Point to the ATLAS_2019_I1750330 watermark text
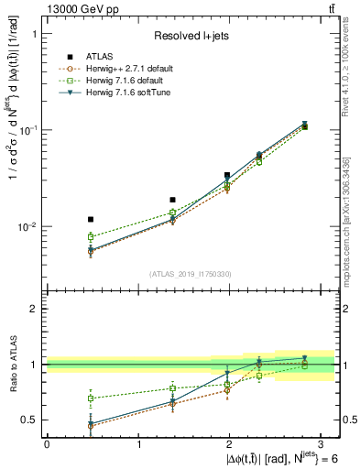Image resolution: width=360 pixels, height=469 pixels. (191, 274)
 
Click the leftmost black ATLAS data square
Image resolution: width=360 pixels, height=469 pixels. (90, 219)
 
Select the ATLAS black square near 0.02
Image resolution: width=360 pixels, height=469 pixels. (172, 199)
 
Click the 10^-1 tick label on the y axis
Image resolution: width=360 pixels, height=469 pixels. (26, 129)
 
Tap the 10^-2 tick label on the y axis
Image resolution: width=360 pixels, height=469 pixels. (26, 226)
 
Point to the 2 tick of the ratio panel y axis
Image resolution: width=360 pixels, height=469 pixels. (32, 309)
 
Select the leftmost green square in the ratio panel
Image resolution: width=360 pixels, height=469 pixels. (90, 398)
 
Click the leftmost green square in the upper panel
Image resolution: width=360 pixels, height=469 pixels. (90, 236)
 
